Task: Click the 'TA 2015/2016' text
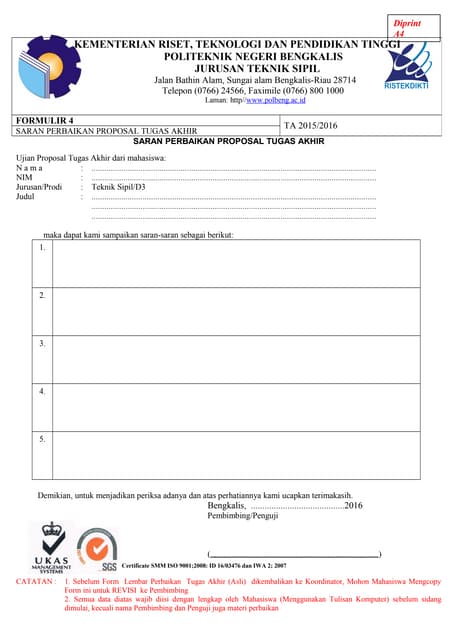311,126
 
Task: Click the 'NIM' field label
26,177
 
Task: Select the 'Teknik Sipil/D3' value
118,187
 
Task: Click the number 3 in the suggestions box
42,343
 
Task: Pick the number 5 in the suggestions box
42,439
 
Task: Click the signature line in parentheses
295,554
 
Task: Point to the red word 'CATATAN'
36,580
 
